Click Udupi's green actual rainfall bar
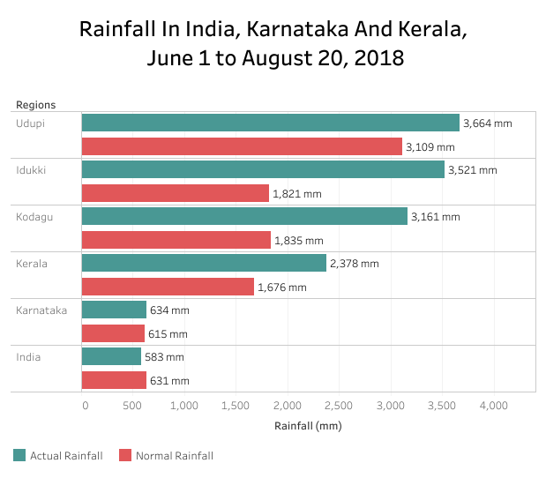(270, 123)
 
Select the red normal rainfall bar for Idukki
(175, 193)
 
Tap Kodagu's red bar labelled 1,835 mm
(176, 240)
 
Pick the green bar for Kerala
(203, 263)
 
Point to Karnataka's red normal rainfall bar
(113, 333)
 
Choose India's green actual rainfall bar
(111, 356)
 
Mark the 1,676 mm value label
(282, 287)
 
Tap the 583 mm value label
(164, 357)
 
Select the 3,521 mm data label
(473, 170)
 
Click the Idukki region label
(31, 169)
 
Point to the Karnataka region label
(41, 310)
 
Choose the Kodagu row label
(34, 216)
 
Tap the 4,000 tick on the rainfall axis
(493, 406)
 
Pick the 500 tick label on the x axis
(133, 406)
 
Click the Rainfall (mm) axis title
(309, 426)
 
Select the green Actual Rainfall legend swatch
(19, 455)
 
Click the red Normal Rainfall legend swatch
(125, 455)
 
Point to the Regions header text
(35, 105)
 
